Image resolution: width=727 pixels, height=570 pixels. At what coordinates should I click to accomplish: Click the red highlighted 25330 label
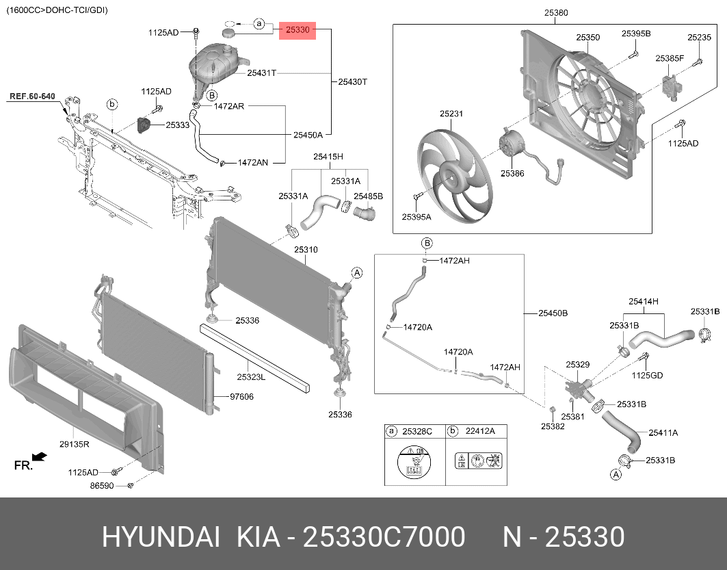tap(298, 30)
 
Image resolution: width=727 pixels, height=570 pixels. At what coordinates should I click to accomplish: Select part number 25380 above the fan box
tap(555, 13)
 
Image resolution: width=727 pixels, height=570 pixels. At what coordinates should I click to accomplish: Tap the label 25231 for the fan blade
tap(451, 115)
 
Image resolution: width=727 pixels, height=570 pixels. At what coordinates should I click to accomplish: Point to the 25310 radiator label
tap(306, 250)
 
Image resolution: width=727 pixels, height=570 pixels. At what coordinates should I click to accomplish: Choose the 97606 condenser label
tap(241, 396)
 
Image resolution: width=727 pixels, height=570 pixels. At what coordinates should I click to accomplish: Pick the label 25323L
tap(251, 376)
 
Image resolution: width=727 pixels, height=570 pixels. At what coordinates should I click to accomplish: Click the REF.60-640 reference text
tap(32, 96)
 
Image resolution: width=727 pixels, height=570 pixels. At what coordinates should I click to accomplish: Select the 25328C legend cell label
tap(417, 431)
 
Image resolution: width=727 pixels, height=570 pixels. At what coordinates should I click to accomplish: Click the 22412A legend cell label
tap(480, 431)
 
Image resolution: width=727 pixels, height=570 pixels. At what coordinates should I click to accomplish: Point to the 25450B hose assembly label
tap(553, 313)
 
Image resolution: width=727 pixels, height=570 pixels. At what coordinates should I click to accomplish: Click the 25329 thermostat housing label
tap(577, 365)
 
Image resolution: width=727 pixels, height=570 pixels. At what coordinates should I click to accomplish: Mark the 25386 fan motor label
tap(512, 174)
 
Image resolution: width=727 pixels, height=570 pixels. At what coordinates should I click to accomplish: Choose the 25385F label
tap(670, 59)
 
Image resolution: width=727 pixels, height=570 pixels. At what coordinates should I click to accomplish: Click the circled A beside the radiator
tap(356, 273)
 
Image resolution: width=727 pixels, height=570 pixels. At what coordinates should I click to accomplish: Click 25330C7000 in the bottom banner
tap(384, 538)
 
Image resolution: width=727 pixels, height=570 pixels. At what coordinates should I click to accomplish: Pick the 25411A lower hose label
tap(663, 432)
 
